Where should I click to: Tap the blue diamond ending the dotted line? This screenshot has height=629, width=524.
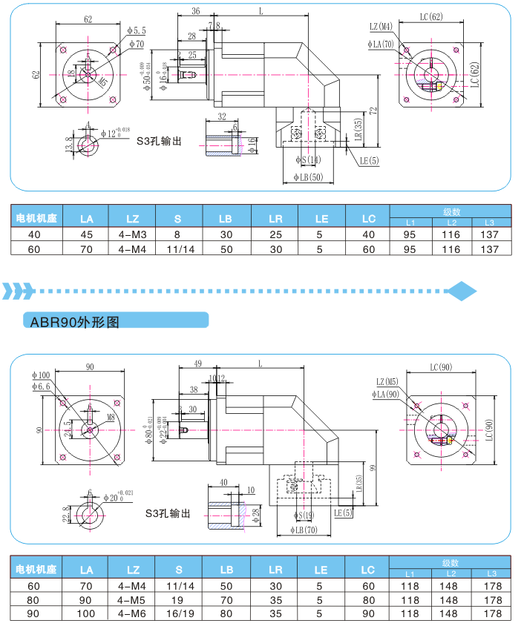tap(463, 290)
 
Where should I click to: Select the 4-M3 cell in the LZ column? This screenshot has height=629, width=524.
tap(133, 234)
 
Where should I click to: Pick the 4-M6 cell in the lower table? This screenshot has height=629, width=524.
tap(133, 613)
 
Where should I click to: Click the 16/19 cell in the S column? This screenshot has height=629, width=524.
tap(177, 613)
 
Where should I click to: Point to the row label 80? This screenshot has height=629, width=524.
tap(32, 599)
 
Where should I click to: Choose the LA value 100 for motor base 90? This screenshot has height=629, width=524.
tap(86, 613)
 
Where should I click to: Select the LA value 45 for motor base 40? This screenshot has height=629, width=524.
tap(86, 234)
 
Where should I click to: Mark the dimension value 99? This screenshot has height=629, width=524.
tap(373, 467)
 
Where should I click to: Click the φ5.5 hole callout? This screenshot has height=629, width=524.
tap(137, 30)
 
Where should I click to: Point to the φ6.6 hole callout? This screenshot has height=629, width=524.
tap(41, 386)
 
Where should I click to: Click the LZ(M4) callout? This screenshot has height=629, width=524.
tap(380, 27)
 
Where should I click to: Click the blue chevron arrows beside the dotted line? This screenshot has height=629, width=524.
tap(18, 290)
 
